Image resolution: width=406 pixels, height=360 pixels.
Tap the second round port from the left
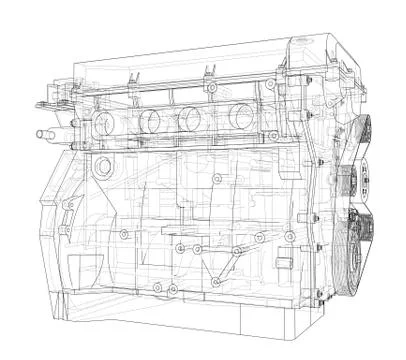[x=151, y=121]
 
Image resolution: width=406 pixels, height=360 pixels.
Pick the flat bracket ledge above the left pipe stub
[x=50, y=103]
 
